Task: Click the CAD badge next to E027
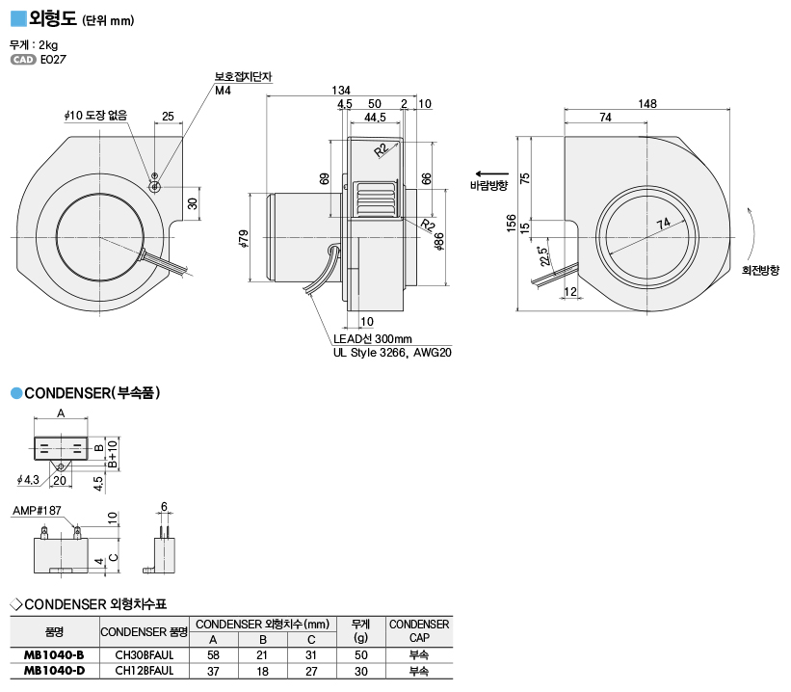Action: click(x=23, y=60)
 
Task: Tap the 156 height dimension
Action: click(x=510, y=224)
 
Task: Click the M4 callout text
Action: click(x=224, y=91)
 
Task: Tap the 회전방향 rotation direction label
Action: click(x=760, y=271)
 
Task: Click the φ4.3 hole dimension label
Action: click(x=28, y=479)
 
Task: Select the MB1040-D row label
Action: click(x=54, y=669)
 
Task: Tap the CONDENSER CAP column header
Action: click(x=419, y=630)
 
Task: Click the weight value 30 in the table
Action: click(x=360, y=669)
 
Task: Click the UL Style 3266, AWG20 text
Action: click(x=392, y=353)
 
